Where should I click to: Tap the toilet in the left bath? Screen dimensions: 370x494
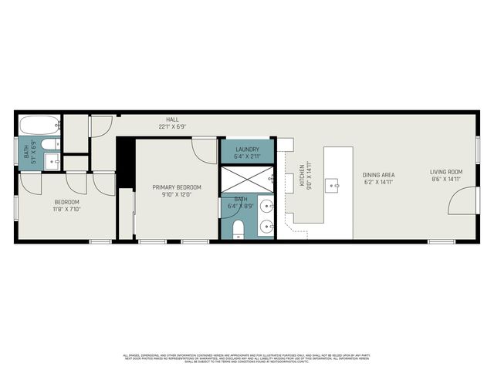48,143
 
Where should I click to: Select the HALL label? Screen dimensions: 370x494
172,119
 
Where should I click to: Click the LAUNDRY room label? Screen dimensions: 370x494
247,150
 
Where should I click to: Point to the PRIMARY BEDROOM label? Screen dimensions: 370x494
177,187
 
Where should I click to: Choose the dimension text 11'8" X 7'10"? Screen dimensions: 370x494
66,209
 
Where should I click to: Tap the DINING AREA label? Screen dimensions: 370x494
378,175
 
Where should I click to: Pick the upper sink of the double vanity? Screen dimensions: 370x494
266,207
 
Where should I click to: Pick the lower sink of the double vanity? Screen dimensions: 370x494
266,227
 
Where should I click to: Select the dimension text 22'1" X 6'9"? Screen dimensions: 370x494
172,126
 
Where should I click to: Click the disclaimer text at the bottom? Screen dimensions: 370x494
247,358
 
